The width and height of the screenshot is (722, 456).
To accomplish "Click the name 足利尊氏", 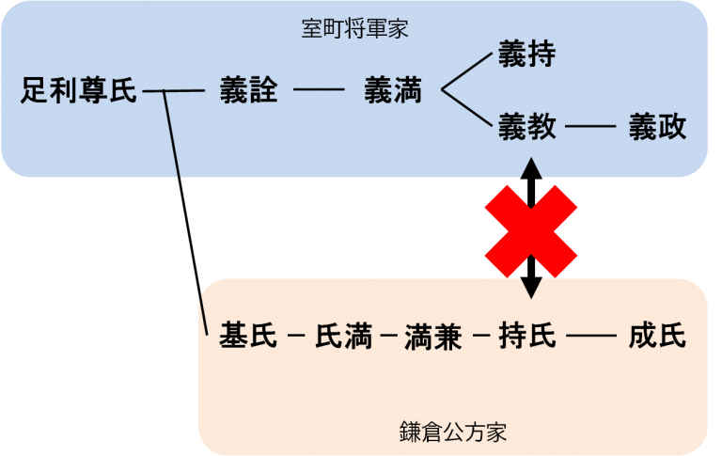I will point(79,91).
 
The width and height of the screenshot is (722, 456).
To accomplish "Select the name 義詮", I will point(248,91).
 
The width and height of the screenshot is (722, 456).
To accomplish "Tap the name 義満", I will point(392,91).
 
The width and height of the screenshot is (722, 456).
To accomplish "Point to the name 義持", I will point(526,55).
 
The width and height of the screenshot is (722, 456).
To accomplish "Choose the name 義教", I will point(526,127).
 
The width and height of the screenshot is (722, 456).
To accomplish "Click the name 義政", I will point(657,127).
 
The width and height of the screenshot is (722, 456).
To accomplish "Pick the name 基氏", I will point(247,336).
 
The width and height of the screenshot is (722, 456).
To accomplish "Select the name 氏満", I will point(343,336).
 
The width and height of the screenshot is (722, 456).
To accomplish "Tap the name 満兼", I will point(432,336).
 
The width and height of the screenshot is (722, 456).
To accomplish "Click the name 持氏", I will point(527,336).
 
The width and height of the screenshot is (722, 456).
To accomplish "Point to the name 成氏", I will point(657,336).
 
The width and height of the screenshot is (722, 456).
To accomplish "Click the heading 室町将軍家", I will point(354,29).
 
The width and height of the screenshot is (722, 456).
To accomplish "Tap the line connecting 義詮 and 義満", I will point(320,92).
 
